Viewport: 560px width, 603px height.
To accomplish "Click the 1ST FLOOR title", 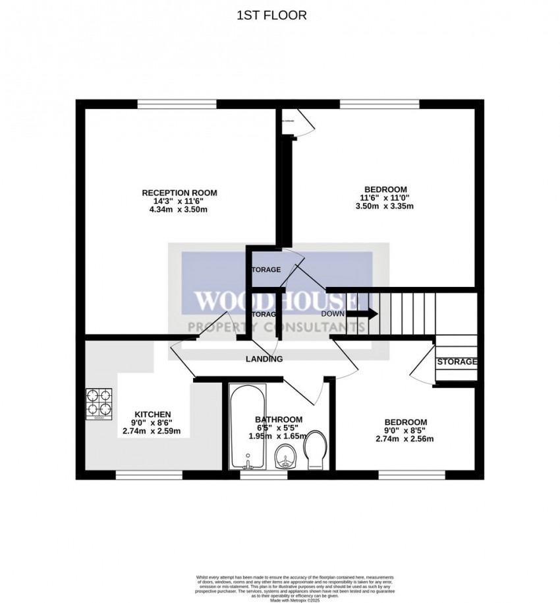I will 271,15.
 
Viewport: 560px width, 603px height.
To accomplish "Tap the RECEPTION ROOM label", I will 179,193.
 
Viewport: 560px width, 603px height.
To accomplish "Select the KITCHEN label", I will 153,414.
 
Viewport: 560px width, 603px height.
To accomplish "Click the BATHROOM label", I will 278,420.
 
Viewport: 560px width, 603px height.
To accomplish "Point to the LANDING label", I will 264,359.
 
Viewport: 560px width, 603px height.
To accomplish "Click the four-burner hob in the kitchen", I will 99,404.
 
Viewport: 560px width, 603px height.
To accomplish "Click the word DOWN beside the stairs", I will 333,314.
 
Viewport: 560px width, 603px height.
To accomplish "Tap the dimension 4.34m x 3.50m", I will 179,210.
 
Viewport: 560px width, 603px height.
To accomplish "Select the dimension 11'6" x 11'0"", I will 385,197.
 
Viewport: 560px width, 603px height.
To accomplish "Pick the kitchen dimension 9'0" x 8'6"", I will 153,423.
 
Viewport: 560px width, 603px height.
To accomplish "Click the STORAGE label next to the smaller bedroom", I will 457,362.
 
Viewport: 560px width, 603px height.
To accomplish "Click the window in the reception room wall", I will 177,104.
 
